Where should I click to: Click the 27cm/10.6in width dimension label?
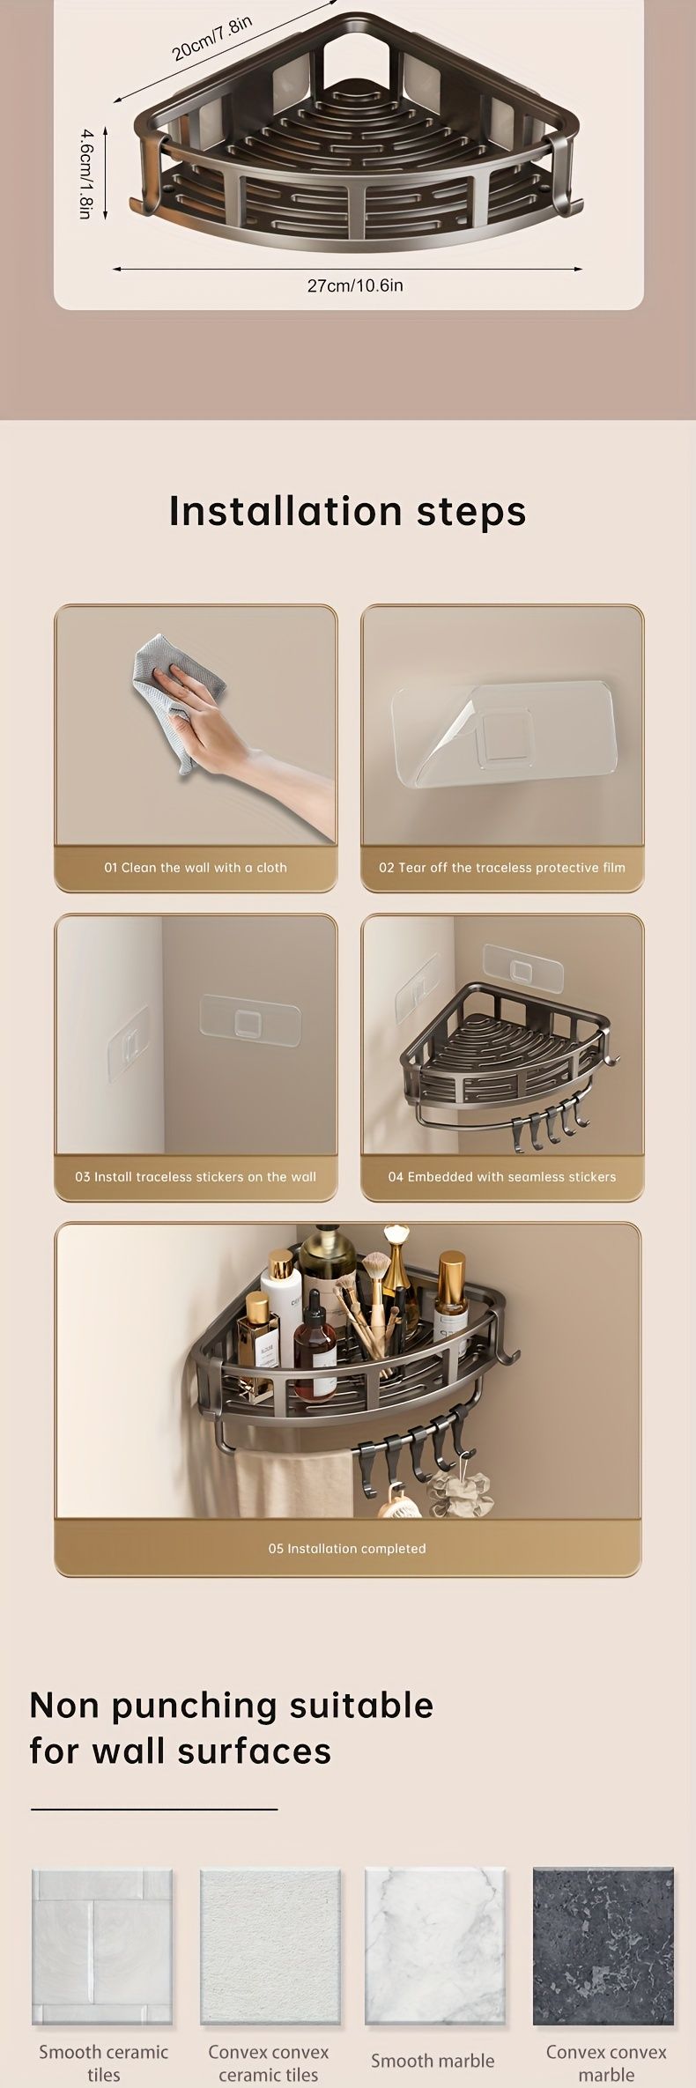(x=355, y=285)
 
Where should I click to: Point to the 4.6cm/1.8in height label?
(x=85, y=173)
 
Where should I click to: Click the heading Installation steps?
(x=347, y=511)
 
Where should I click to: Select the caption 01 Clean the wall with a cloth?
(x=196, y=867)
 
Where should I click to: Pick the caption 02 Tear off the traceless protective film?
(x=502, y=867)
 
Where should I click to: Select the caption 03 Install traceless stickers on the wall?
(x=196, y=1176)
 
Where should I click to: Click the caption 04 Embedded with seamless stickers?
(x=502, y=1176)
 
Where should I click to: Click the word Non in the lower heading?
(x=64, y=1707)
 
